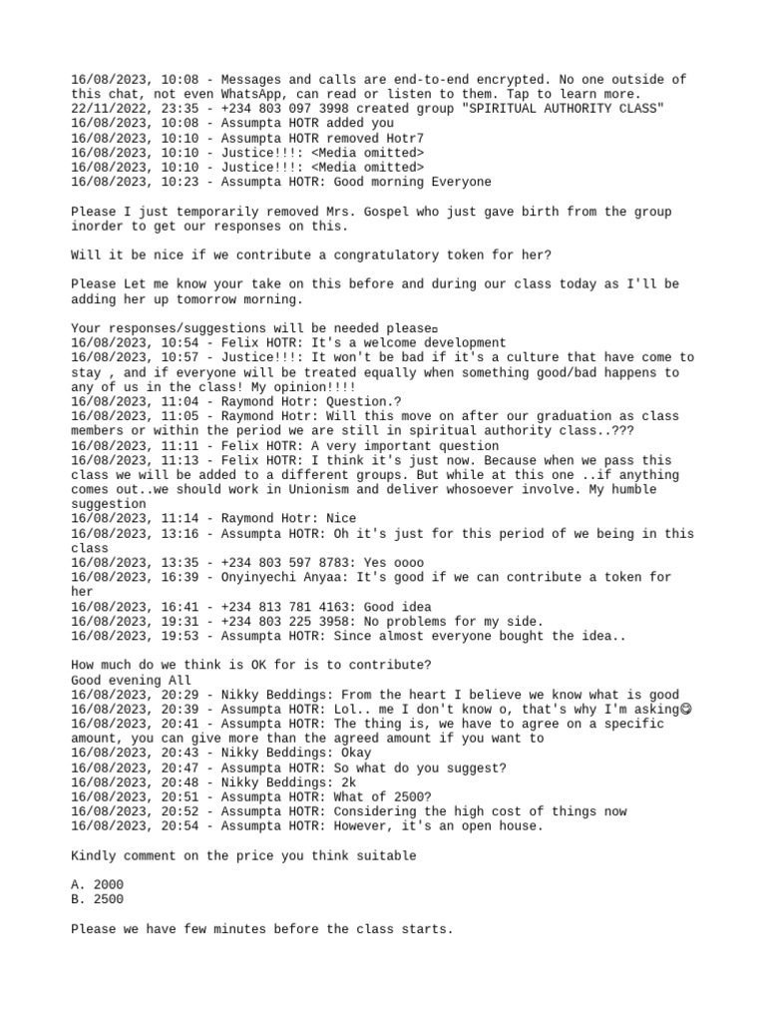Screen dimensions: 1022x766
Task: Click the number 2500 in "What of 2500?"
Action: [409, 797]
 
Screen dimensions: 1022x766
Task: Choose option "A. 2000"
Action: [98, 885]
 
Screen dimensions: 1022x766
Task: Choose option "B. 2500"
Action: [98, 899]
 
